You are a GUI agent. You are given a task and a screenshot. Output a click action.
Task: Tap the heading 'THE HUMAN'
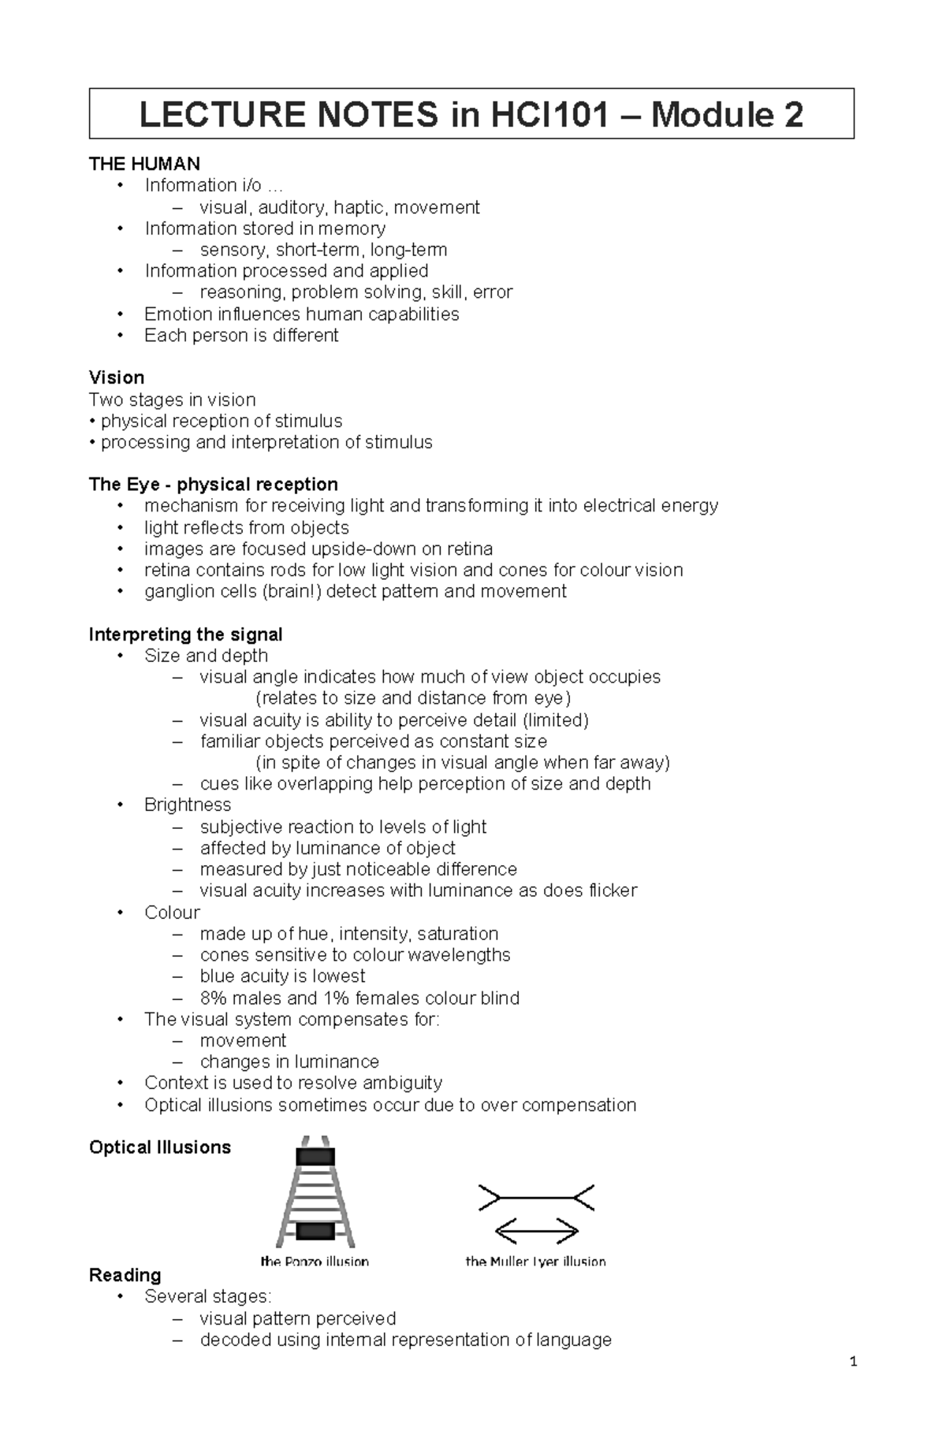tap(144, 164)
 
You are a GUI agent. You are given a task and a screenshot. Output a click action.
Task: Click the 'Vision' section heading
tap(117, 377)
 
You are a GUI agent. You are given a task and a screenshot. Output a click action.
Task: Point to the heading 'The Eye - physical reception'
tap(213, 484)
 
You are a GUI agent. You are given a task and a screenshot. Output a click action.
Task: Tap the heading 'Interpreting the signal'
tap(185, 634)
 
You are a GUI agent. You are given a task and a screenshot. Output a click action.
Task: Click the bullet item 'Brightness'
tap(188, 805)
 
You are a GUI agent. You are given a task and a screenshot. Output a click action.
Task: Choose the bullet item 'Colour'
tap(172, 912)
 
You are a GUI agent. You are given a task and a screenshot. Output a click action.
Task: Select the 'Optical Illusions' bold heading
tap(160, 1147)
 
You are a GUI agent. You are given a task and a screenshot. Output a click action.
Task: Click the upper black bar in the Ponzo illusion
tap(315, 1157)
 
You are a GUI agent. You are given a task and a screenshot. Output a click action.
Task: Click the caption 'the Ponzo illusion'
tap(315, 1262)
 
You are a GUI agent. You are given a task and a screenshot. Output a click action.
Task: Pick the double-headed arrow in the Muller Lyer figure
tap(536, 1230)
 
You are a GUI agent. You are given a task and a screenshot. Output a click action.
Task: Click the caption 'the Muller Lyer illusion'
tap(535, 1262)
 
